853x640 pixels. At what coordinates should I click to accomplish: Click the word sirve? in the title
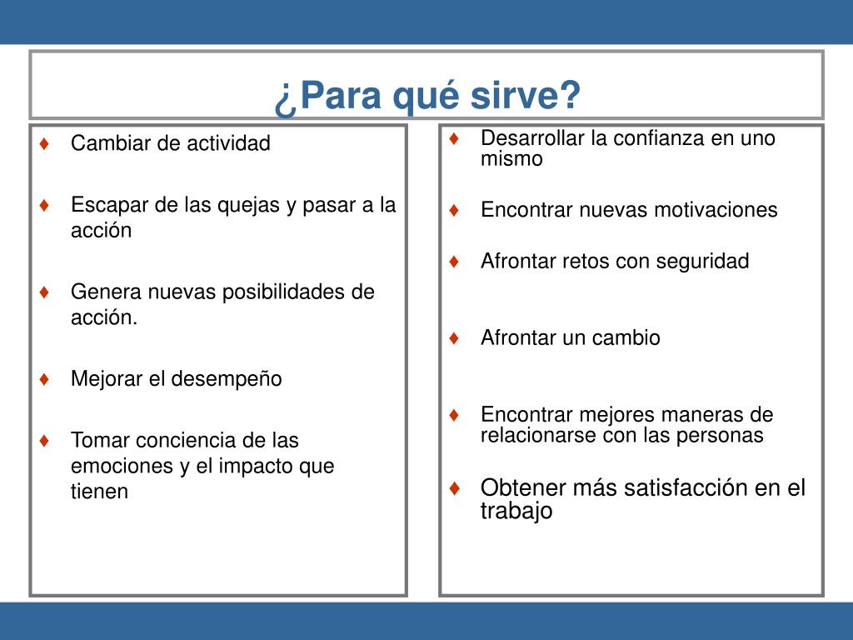(x=526, y=95)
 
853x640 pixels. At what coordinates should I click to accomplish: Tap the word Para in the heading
(x=341, y=95)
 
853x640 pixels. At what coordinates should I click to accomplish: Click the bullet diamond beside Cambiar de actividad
(x=45, y=143)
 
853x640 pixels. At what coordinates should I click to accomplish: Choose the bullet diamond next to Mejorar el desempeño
(x=45, y=379)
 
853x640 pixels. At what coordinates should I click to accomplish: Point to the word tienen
(x=100, y=492)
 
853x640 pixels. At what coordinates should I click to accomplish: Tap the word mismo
(x=512, y=159)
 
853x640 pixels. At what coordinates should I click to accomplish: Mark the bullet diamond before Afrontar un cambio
(x=454, y=338)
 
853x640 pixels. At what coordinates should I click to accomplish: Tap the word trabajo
(x=516, y=511)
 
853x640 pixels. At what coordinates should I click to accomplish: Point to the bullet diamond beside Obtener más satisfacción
(x=454, y=488)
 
